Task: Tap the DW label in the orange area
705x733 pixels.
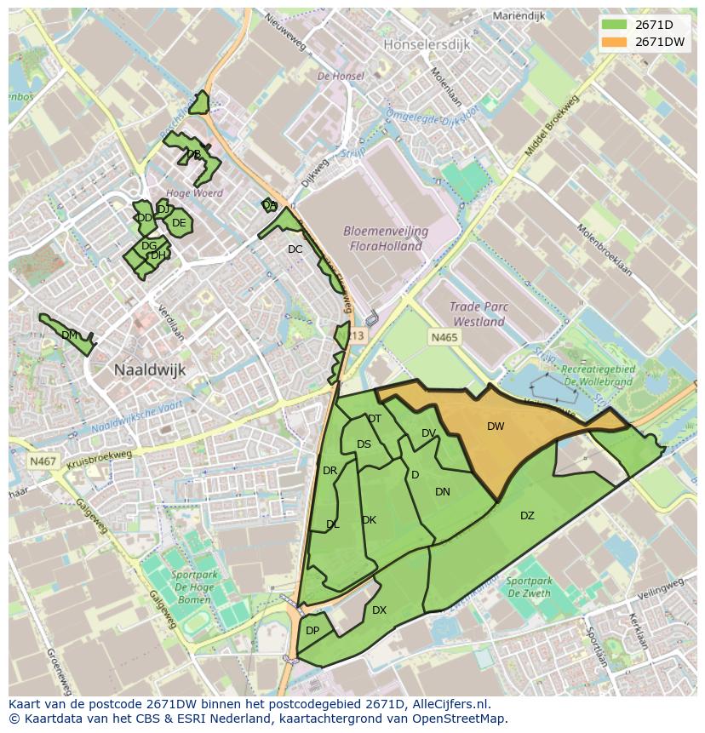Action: (496, 427)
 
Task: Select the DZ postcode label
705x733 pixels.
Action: (527, 516)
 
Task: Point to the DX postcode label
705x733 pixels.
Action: (379, 610)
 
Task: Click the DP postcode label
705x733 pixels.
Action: (312, 631)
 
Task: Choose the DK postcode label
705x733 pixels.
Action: (369, 520)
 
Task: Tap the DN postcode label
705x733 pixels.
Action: (443, 492)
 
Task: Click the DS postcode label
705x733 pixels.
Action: (364, 444)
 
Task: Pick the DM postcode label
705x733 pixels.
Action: (70, 335)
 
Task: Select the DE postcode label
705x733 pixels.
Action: (179, 224)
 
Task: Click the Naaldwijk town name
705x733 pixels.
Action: (150, 370)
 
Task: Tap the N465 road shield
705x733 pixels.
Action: (444, 338)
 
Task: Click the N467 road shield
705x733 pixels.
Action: (43, 461)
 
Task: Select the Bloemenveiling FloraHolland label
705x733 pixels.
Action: (386, 238)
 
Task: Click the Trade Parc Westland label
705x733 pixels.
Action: (479, 315)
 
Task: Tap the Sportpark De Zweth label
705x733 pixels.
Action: (528, 587)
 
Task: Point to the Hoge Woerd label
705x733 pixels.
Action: (195, 193)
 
